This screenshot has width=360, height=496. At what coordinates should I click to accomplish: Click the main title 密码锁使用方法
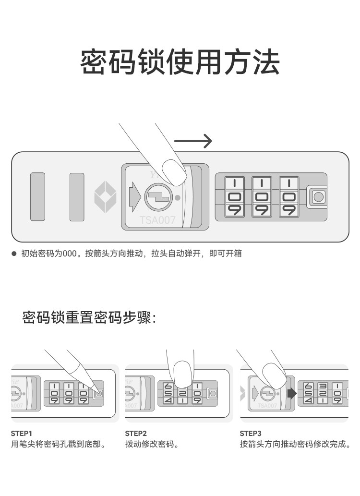pos(180,61)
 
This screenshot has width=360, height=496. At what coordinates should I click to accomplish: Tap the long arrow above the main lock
pos(192,141)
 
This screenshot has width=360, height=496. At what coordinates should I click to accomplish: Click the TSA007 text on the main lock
pos(157,220)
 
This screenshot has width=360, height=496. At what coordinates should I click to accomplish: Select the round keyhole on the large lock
pos(157,197)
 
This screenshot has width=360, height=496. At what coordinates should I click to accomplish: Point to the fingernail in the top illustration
pos(174,170)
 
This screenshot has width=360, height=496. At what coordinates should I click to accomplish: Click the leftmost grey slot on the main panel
pos(37,197)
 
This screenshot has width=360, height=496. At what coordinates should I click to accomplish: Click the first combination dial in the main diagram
pos(235,197)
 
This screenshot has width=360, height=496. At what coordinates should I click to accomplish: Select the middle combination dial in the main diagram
pos(262,197)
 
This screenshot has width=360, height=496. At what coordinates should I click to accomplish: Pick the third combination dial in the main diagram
pos(289,197)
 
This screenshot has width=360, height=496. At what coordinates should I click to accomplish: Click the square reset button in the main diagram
pos(318,196)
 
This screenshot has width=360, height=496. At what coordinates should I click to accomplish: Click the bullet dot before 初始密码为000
pos(14,254)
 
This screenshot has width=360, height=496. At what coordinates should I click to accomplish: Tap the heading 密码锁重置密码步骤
pos(89,317)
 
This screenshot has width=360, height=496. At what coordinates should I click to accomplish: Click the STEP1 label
pos(21,433)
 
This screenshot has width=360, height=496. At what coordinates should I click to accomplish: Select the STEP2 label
pos(136,433)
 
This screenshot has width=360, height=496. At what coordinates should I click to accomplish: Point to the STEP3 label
pos(251,433)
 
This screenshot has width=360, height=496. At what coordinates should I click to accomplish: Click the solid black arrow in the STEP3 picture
pos(292,394)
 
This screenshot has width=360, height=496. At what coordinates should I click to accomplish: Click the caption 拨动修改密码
pos(152,444)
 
